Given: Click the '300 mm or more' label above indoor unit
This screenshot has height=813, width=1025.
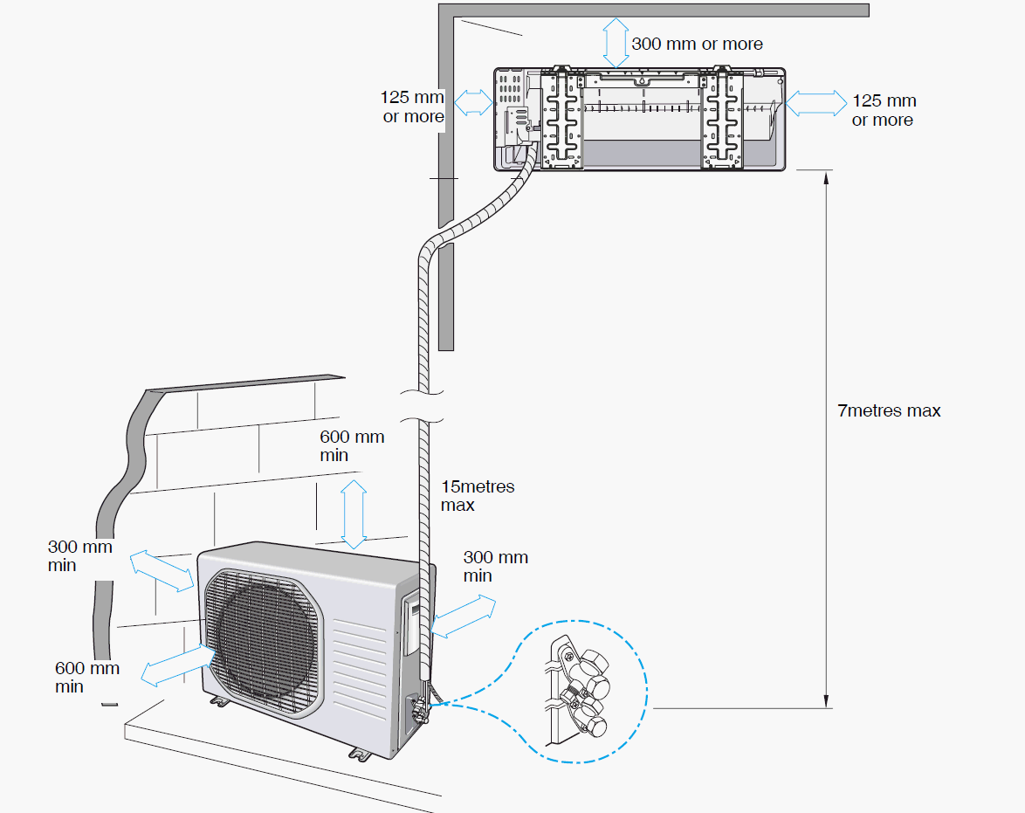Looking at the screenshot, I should pyautogui.click(x=697, y=44).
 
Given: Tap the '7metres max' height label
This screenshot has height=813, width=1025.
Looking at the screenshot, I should pyautogui.click(x=889, y=410).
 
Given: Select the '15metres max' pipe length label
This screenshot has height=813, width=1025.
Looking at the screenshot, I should pyautogui.click(x=477, y=495).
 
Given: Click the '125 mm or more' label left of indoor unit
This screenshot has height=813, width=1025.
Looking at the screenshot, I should pyautogui.click(x=412, y=107).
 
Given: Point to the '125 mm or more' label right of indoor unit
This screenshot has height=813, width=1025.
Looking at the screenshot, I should pyautogui.click(x=884, y=111).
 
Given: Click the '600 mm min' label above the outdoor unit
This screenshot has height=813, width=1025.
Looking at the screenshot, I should pyautogui.click(x=352, y=445).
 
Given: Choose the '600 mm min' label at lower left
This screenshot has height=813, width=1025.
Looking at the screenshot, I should pyautogui.click(x=86, y=677).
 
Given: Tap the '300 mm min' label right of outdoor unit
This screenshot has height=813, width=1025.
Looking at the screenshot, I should pyautogui.click(x=495, y=566).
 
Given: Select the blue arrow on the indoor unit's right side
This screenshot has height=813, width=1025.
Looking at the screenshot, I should pyautogui.click(x=815, y=103).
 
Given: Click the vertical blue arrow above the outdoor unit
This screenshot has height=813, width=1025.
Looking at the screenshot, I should pyautogui.click(x=354, y=513).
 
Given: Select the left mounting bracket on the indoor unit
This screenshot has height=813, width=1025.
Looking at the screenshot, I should pyautogui.click(x=561, y=120).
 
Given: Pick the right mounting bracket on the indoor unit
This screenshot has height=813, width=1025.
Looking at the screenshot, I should pyautogui.click(x=724, y=120).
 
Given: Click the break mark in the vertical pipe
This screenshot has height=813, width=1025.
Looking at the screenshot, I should pyautogui.click(x=423, y=404).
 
